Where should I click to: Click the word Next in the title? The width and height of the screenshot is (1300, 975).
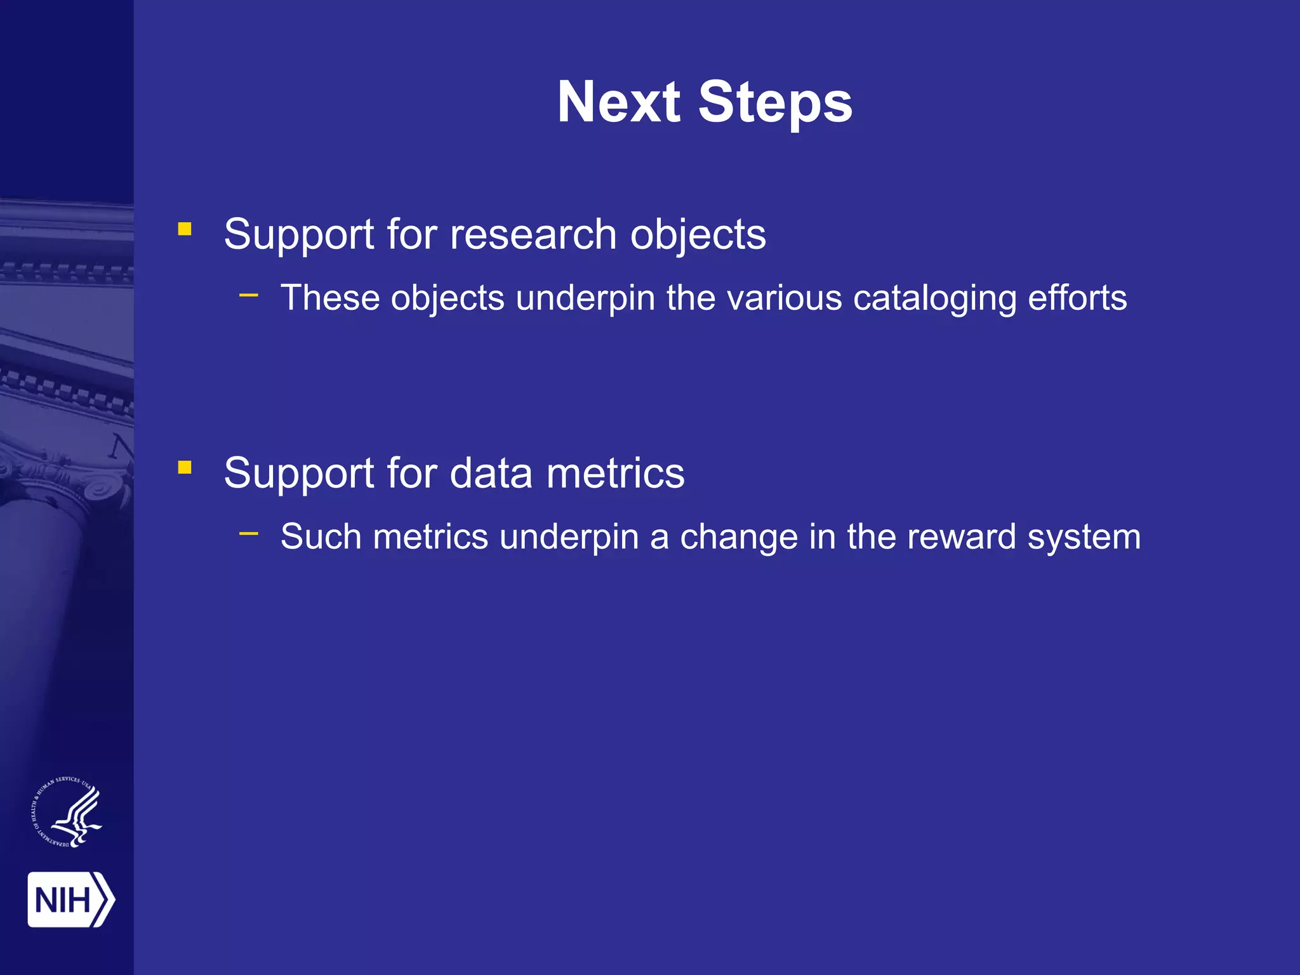(x=619, y=103)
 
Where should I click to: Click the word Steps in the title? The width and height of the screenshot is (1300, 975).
(x=775, y=103)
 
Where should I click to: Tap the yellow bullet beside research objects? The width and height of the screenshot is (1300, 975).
(x=185, y=229)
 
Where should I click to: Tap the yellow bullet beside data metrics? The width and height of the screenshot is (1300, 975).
(x=185, y=468)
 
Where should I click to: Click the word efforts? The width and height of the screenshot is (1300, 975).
(x=1077, y=298)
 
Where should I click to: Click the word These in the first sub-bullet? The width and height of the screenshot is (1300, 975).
(x=329, y=298)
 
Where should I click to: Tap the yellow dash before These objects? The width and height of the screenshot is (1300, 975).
(x=249, y=295)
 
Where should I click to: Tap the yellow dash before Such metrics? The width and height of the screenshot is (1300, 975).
(x=249, y=533)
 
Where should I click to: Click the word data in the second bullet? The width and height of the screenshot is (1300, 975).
(x=491, y=474)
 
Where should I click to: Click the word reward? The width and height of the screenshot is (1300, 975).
(x=962, y=537)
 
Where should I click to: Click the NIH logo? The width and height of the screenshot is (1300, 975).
(x=70, y=899)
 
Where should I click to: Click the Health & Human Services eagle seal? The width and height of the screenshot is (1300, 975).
(x=67, y=812)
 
